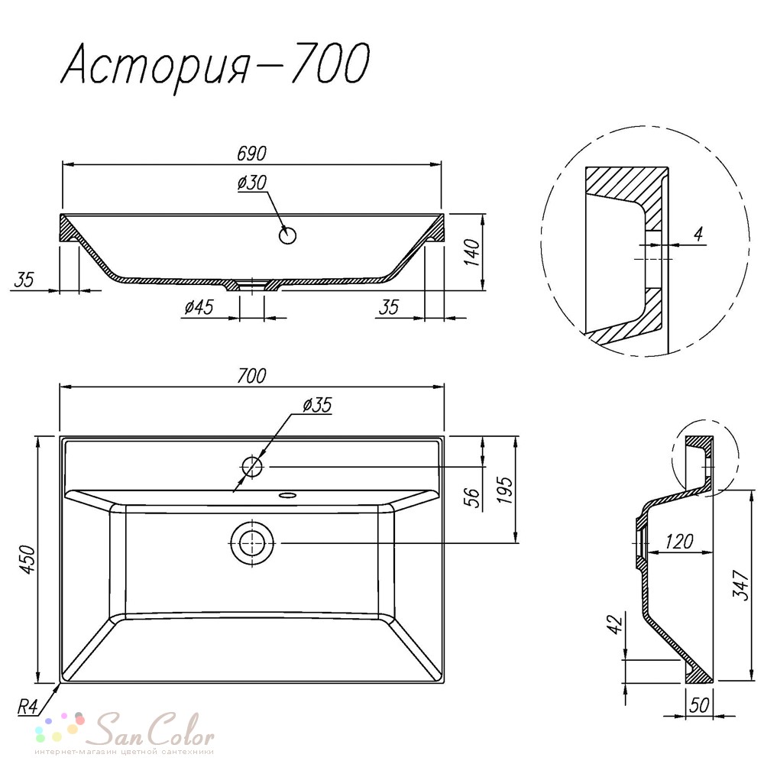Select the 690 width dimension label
click(252, 154)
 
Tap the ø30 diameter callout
click(252, 183)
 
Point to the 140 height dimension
click(472, 252)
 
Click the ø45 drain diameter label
click(199, 307)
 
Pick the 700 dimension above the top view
click(252, 376)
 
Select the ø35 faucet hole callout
click(317, 405)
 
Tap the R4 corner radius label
click(28, 707)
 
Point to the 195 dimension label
click(505, 490)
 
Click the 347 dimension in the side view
click(740, 584)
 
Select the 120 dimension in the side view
click(679, 542)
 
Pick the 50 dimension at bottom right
click(699, 705)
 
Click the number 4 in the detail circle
click(699, 235)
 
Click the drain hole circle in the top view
click(252, 543)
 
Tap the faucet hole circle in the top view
click(252, 467)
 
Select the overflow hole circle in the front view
click(288, 235)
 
